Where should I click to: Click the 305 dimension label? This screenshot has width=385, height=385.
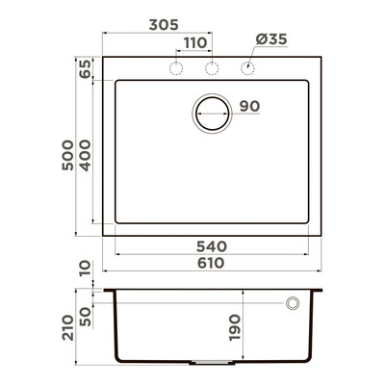pos(164,25)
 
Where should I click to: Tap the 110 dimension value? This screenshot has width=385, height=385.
pos(195,43)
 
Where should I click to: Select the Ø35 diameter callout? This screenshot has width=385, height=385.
pos(271,39)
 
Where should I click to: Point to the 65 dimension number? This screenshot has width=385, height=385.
pos(86,68)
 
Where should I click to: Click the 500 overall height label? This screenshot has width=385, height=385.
pos(68,155)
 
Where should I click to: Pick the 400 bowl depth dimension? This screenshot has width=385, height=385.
pos(86,155)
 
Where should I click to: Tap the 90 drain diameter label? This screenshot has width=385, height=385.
pos(249,106)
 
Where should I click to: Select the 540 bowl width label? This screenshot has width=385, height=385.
pos(212,246)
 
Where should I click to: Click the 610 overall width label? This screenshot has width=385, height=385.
pos(211,263)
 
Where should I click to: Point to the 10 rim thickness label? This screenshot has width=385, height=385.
pos(86,269)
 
